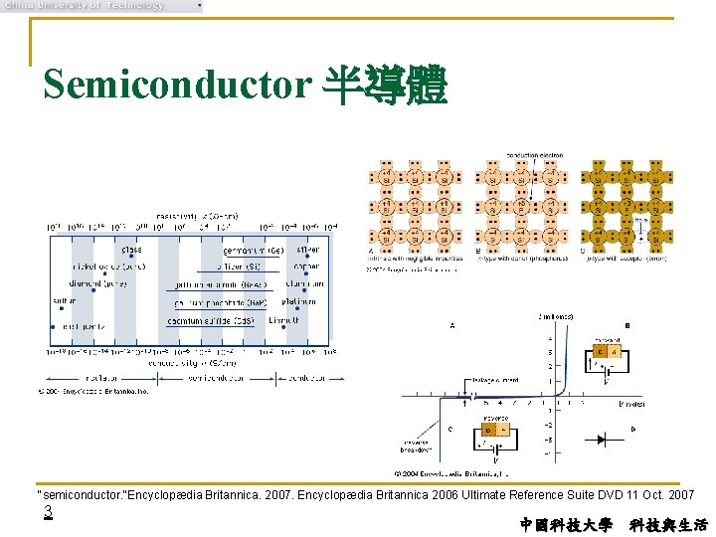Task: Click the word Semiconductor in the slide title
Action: (x=177, y=86)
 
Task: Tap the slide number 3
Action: (x=47, y=512)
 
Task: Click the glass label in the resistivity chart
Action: (x=131, y=249)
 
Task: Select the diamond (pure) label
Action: (x=99, y=284)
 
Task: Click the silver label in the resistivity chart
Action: (x=306, y=249)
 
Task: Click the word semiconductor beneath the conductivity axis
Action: (x=216, y=379)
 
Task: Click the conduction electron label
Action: (x=536, y=155)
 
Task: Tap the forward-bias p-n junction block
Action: (x=607, y=351)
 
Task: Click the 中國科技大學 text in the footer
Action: (x=566, y=524)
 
